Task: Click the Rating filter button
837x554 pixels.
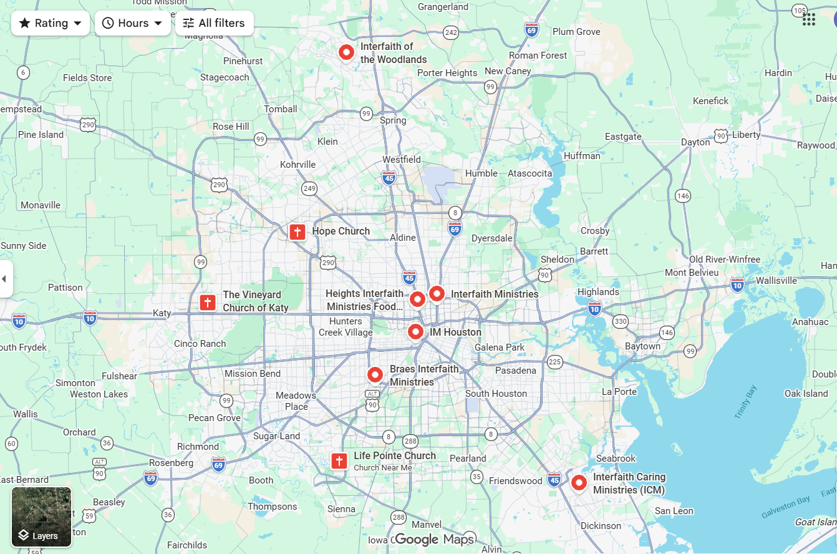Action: tap(51, 23)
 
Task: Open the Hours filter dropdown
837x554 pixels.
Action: tap(133, 23)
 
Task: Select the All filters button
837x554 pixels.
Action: tap(214, 23)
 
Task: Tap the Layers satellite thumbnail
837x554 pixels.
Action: tap(42, 517)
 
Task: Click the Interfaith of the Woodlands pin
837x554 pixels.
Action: tap(346, 52)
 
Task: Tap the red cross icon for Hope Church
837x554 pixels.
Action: tap(298, 232)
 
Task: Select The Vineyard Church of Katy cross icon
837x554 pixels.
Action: tap(208, 303)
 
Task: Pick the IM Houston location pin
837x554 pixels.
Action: tap(415, 332)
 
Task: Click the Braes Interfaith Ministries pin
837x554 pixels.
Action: tap(375, 375)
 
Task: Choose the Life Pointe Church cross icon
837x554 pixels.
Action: tap(339, 461)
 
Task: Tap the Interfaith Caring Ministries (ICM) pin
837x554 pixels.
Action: tap(579, 482)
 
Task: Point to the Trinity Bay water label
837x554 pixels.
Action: tap(745, 402)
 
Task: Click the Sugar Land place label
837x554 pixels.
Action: tap(276, 436)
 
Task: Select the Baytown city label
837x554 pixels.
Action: tap(642, 346)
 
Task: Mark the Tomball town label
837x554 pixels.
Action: tap(281, 109)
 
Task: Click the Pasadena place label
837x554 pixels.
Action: tap(516, 371)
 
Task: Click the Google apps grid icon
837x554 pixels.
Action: tap(809, 19)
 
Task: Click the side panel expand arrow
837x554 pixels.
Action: tap(4, 279)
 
